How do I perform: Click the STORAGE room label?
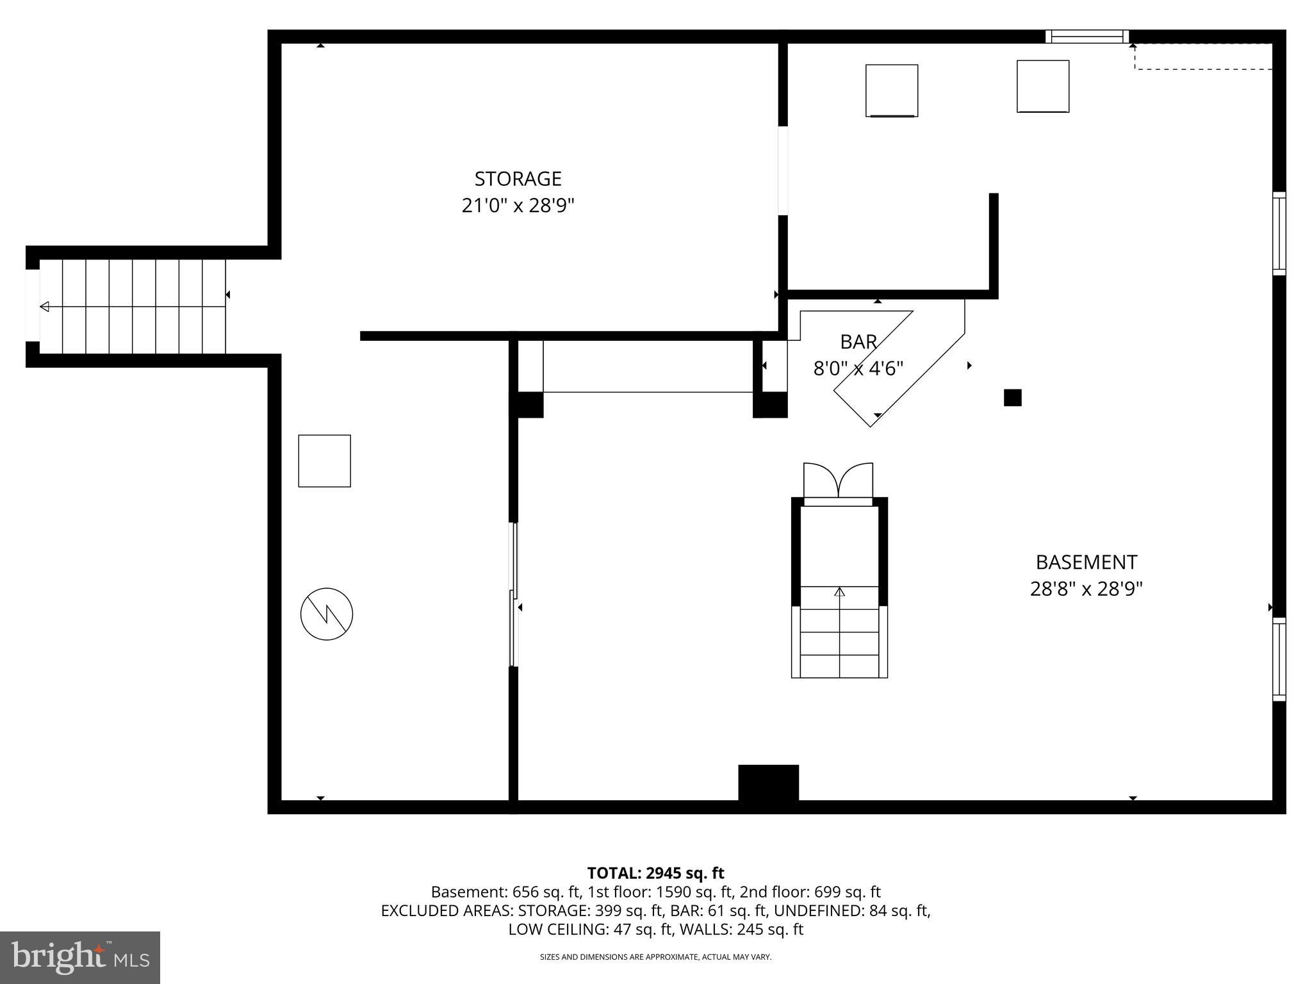(x=518, y=178)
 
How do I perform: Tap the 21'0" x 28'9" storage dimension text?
(x=518, y=206)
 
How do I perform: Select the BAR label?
(x=858, y=342)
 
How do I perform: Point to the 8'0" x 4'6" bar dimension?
(x=858, y=369)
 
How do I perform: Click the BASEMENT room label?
(x=1086, y=562)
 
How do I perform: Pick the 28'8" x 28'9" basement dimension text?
(x=1086, y=589)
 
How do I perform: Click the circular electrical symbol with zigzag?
(x=327, y=614)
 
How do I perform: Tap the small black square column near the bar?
(x=1012, y=398)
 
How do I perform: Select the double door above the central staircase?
(x=838, y=480)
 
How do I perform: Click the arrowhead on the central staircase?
(x=839, y=591)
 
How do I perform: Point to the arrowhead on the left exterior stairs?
(x=44, y=307)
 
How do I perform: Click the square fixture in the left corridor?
(x=324, y=461)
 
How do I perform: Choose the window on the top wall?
(x=1087, y=37)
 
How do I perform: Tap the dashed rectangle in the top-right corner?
(x=1202, y=56)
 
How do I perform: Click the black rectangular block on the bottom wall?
(x=768, y=782)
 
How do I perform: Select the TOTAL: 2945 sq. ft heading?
(x=655, y=873)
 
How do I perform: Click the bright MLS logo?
(x=80, y=957)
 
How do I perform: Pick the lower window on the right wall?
(x=1279, y=659)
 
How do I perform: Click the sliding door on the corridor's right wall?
(x=514, y=594)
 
